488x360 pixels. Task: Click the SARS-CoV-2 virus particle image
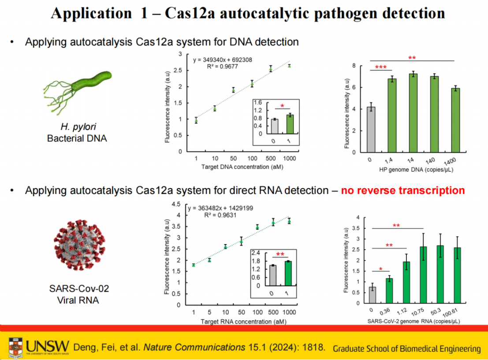point(79,245)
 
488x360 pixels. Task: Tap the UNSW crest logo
point(16,347)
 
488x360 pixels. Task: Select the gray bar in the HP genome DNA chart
point(371,130)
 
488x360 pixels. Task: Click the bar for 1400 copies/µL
point(456,120)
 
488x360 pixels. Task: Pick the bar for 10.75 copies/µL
point(423,275)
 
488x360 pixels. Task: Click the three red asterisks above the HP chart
point(380,67)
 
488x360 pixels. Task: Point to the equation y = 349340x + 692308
point(223,60)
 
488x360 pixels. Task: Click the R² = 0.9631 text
point(220,215)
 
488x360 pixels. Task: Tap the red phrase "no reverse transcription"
point(403,190)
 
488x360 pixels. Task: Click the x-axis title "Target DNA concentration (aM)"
point(242,167)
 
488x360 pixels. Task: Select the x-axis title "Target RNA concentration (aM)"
point(243,321)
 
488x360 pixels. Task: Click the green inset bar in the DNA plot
point(290,124)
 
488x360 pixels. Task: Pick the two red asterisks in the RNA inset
point(280,255)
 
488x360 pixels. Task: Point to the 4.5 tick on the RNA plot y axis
point(176,204)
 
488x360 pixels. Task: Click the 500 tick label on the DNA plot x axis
point(271,158)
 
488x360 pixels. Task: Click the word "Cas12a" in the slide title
point(190,13)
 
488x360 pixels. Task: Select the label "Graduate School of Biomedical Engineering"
point(407,349)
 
